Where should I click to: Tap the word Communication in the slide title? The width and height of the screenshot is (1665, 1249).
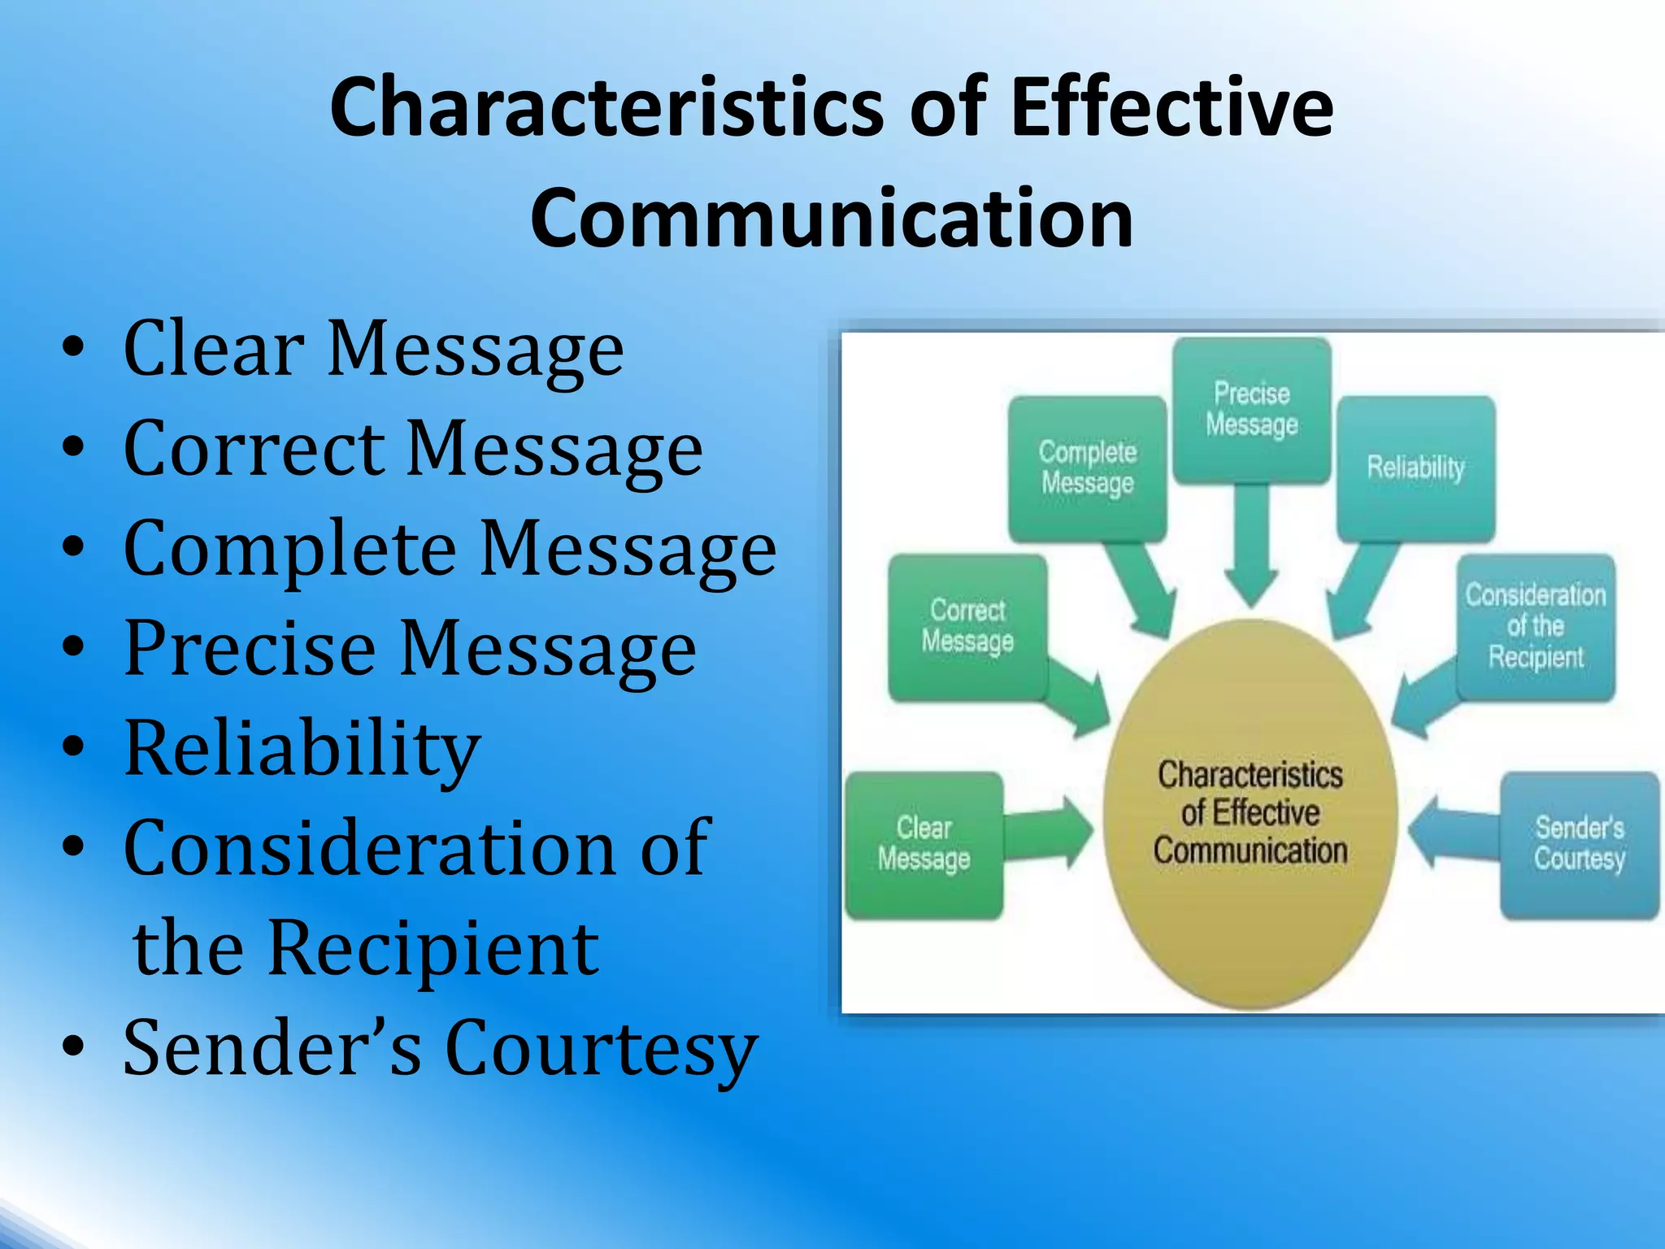click(x=832, y=218)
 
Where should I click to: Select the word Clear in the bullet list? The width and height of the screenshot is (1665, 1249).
click(x=214, y=349)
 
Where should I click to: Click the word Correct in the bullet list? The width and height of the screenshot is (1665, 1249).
click(x=254, y=449)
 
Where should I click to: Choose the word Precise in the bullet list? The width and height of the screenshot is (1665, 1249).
click(x=250, y=649)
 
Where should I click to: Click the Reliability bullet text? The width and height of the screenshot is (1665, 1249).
click(x=302, y=748)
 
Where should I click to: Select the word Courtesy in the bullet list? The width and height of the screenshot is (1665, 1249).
click(x=602, y=1049)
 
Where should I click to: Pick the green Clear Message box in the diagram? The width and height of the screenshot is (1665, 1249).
click(x=924, y=845)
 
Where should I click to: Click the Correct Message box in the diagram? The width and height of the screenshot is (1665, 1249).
click(x=967, y=627)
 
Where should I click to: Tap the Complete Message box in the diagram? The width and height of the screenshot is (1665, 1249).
click(x=1087, y=468)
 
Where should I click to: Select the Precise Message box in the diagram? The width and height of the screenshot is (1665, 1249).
click(x=1251, y=410)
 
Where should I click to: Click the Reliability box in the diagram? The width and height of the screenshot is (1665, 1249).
click(x=1415, y=468)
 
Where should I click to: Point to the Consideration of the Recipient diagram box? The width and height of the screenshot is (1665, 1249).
click(x=1535, y=627)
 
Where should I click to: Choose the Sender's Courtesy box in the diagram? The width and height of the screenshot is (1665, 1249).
click(x=1579, y=845)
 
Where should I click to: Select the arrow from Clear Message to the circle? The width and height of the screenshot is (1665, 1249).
click(x=1049, y=833)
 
